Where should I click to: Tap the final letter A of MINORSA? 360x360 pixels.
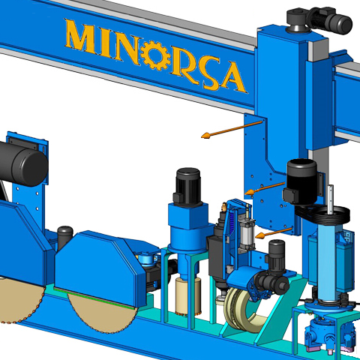point(232,77)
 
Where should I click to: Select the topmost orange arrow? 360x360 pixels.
point(232,130)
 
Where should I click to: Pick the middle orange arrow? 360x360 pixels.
point(265,189)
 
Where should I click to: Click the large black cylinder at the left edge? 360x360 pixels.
point(23,163)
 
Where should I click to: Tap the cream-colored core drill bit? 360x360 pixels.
point(188,295)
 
